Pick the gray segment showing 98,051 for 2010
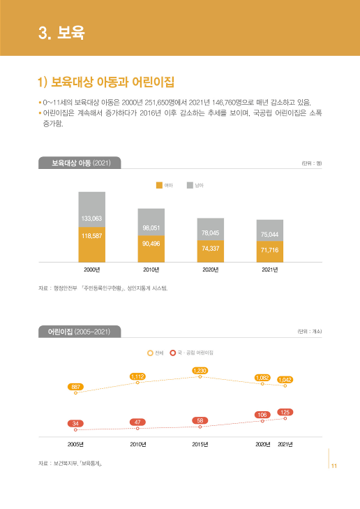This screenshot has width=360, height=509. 151,222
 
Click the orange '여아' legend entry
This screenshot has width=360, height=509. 164,185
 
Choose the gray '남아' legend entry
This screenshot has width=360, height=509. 195,185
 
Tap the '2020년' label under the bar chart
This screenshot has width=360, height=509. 210,270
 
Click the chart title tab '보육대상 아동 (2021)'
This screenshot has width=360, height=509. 80,163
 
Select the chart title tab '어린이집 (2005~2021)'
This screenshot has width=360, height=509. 80,331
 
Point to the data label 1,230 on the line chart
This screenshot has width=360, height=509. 200,369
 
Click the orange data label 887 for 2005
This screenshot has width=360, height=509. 75,386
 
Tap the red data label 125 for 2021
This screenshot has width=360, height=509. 285,412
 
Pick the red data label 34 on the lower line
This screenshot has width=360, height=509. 75,423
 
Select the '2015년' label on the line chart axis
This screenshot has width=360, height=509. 200,444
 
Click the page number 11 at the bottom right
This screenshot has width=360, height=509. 334,466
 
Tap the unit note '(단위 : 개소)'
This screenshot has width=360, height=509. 309,332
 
